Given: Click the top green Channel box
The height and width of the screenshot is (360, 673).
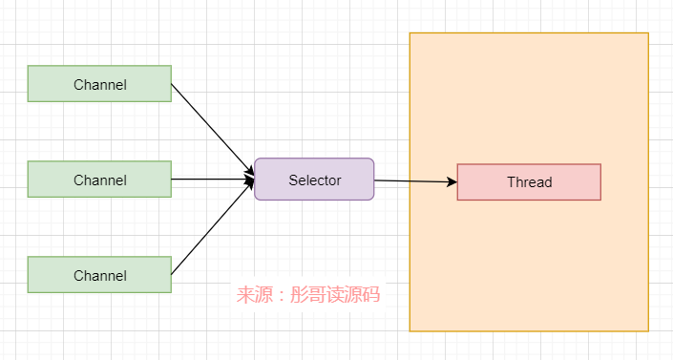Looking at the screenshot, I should (x=99, y=84).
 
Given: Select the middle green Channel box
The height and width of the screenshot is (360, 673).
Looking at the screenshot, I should (x=99, y=180).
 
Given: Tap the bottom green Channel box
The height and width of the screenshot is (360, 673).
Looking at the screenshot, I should (x=99, y=275).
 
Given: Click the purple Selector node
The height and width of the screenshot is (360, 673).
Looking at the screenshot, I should (x=314, y=180).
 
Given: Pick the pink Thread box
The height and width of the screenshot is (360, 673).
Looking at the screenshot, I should (x=529, y=182).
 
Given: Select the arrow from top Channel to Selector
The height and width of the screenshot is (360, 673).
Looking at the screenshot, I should (x=212, y=130).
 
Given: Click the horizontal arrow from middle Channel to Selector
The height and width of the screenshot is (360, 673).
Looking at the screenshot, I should (x=212, y=180).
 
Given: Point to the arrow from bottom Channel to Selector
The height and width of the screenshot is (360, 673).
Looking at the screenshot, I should (x=212, y=228).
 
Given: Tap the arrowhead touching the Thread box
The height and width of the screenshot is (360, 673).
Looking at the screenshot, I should (x=452, y=181).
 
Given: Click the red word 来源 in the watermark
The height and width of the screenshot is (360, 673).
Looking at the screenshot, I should (x=255, y=295).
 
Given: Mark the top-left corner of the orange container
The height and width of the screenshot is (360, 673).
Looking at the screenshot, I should (x=410, y=33).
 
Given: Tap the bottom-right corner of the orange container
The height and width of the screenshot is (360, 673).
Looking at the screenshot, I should (x=648, y=331).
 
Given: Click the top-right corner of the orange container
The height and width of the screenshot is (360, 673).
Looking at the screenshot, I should (x=648, y=33).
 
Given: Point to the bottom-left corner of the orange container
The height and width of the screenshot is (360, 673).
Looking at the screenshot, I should (x=410, y=331).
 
